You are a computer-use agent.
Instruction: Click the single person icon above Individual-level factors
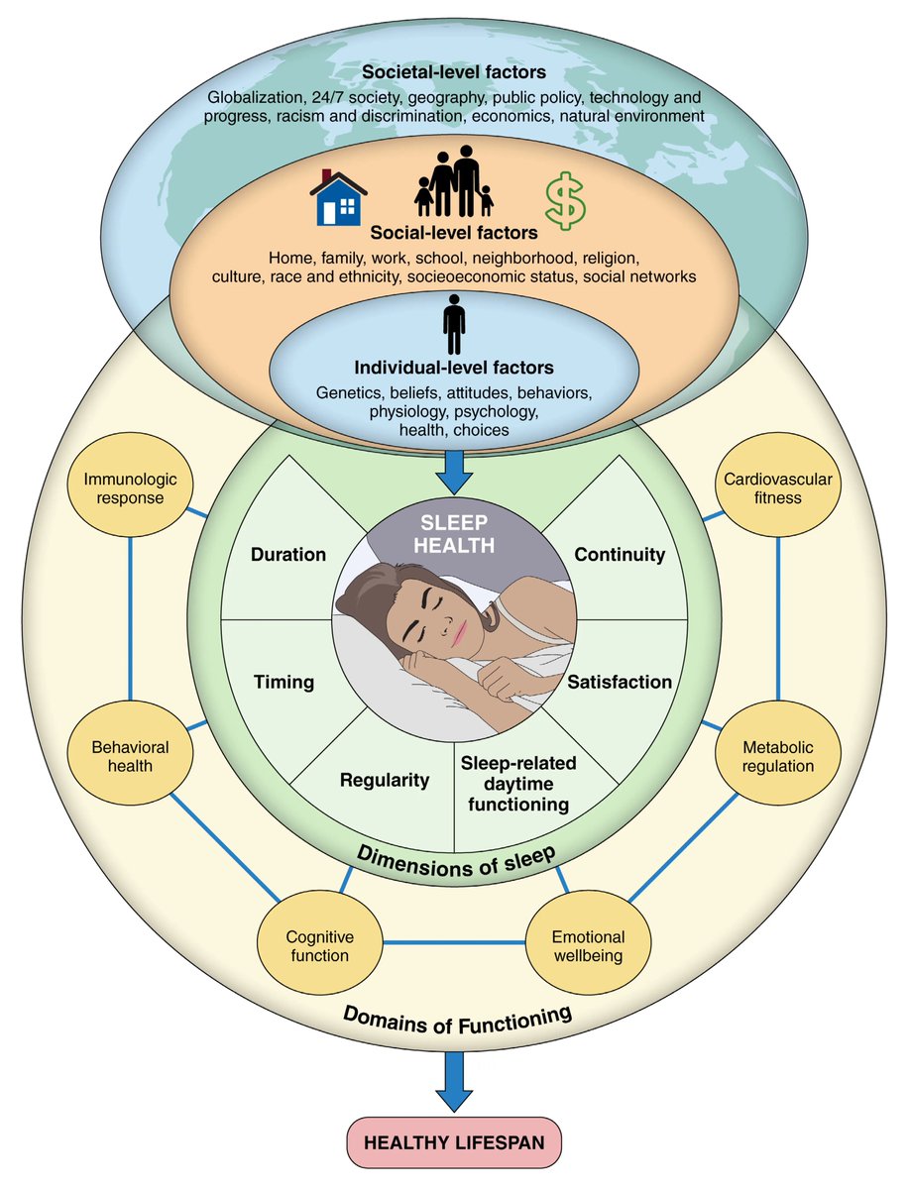click(454, 324)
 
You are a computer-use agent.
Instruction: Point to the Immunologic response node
click(131, 486)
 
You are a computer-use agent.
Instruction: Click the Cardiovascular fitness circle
click(777, 486)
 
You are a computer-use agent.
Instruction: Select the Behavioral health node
click(131, 756)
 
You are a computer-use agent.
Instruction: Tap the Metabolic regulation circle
click(777, 756)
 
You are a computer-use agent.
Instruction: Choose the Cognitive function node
click(318, 944)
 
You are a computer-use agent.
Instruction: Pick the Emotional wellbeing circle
click(589, 944)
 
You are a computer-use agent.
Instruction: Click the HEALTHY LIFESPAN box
click(454, 1142)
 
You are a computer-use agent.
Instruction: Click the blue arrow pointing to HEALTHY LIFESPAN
click(454, 1080)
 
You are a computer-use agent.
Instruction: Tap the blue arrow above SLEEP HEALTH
click(454, 472)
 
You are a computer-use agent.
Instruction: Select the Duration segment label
click(287, 554)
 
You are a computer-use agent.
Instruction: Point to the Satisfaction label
click(619, 682)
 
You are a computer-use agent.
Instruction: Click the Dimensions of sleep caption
click(454, 859)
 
